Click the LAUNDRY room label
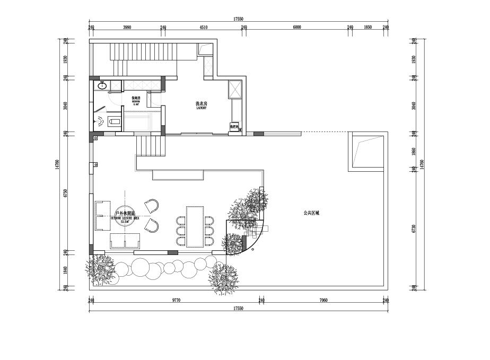click(x=200, y=106)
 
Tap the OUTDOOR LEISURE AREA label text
click(x=125, y=216)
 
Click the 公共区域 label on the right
click(x=311, y=213)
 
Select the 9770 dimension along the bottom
click(x=176, y=300)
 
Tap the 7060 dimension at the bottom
click(x=323, y=300)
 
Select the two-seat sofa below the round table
click(x=125, y=241)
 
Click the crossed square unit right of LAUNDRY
click(x=235, y=89)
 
